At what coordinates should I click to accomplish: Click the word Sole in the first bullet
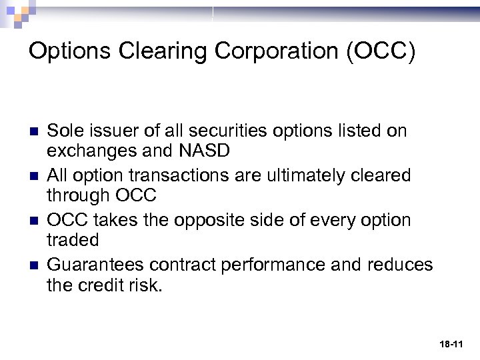point(64,130)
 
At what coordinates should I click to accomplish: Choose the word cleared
point(382,175)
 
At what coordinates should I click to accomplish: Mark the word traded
point(73,240)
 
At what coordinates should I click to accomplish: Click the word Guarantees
point(96,265)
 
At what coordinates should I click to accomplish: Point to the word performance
point(269,265)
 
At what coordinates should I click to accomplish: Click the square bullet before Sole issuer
point(33,131)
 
